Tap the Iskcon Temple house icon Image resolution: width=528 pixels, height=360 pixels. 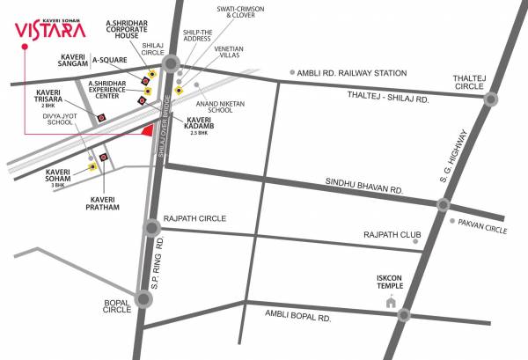[x=392, y=302]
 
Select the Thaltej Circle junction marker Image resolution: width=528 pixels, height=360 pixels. [x=490, y=99]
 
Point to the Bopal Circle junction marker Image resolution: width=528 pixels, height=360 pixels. [x=144, y=299]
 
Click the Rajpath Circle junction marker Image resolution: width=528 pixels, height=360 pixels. [x=153, y=230]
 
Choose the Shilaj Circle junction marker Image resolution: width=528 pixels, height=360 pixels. [x=171, y=63]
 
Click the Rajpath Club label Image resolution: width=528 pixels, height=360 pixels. [x=387, y=235]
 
